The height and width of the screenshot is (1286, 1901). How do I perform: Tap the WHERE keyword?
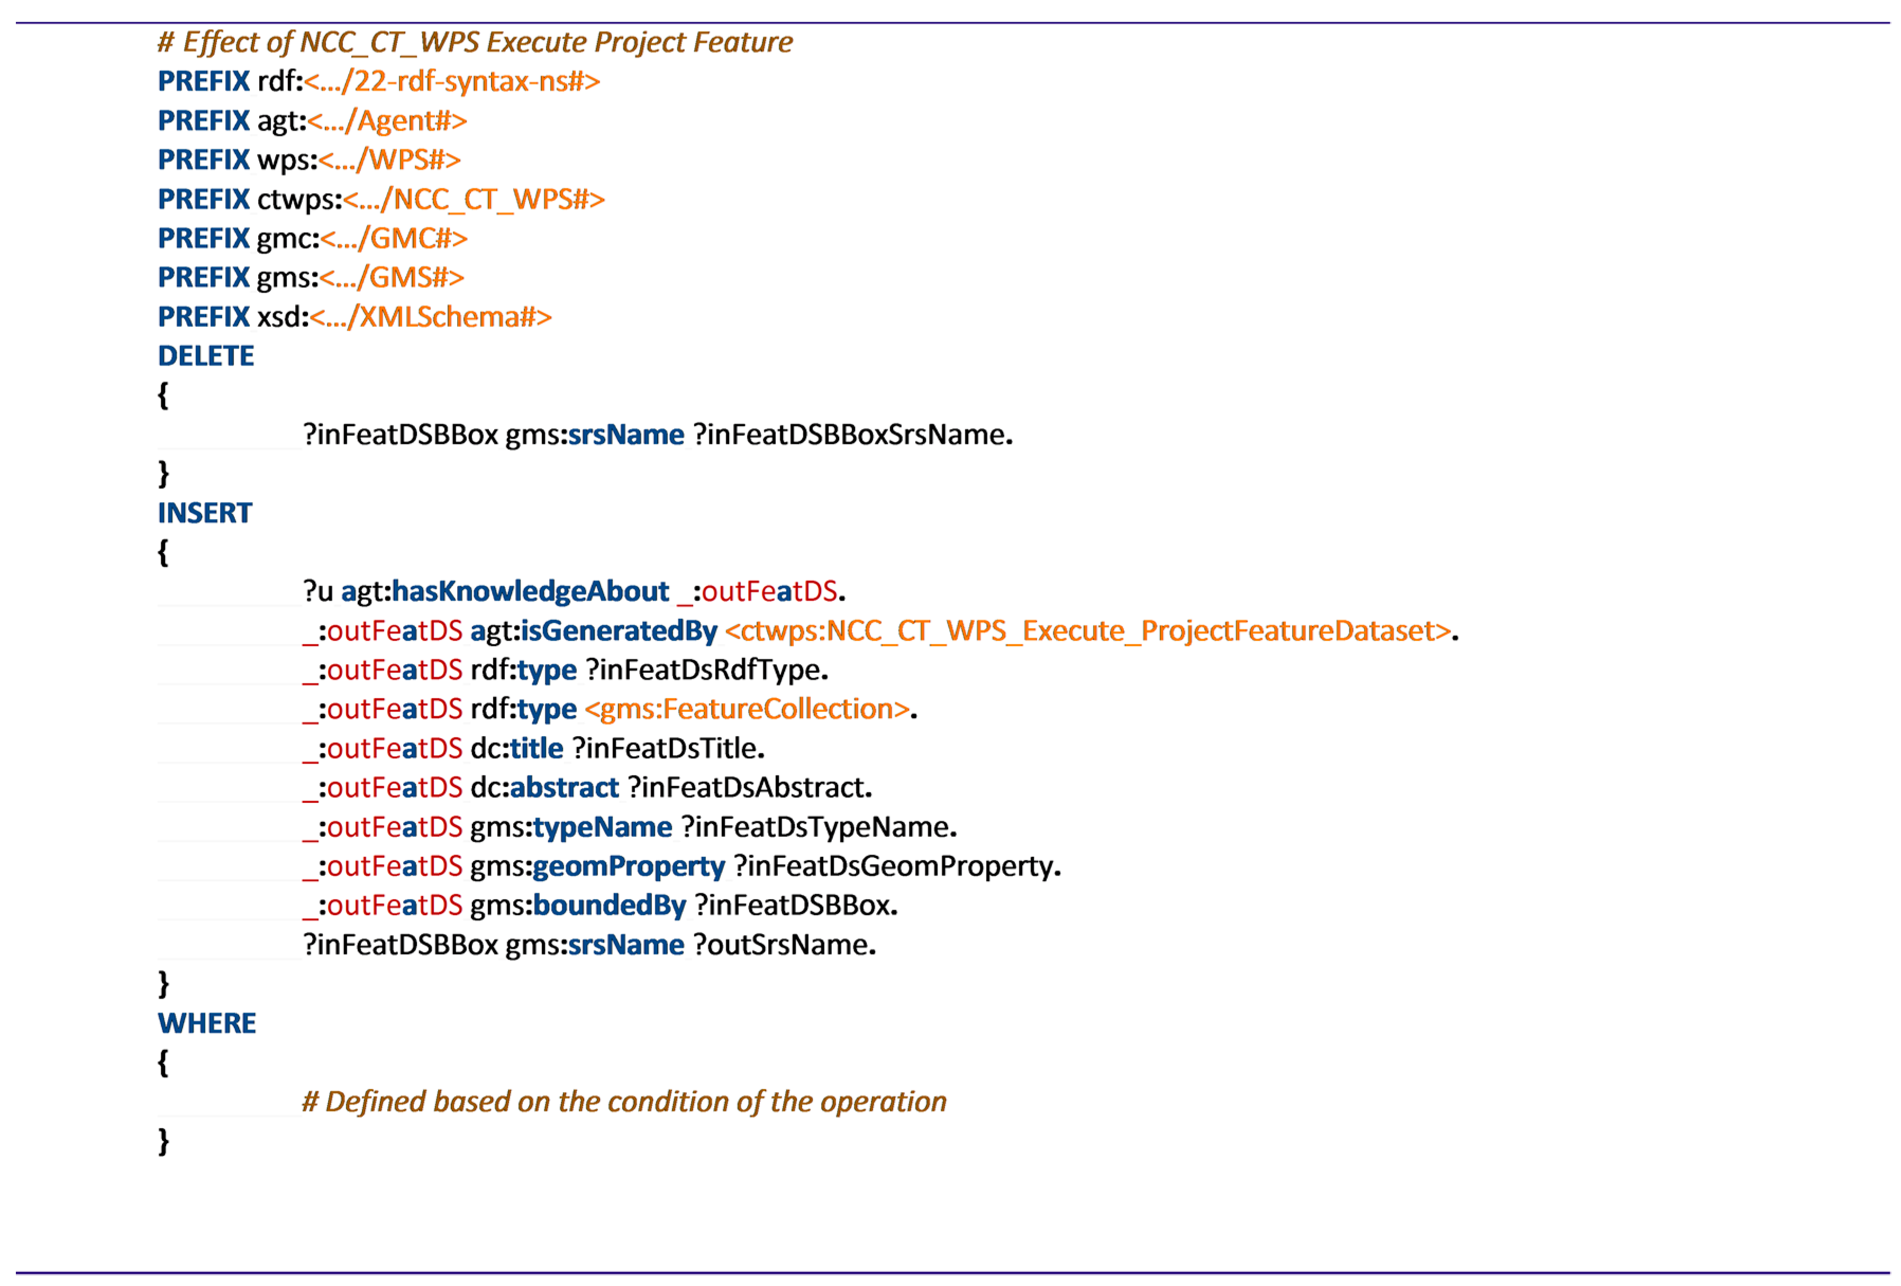(x=206, y=1024)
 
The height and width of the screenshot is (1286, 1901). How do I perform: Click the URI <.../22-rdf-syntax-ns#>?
(x=451, y=82)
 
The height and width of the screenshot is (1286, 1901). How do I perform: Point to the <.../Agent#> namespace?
(x=387, y=121)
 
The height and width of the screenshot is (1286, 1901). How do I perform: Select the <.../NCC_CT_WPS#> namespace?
(x=474, y=200)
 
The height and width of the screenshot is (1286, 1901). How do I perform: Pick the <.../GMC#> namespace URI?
(x=394, y=239)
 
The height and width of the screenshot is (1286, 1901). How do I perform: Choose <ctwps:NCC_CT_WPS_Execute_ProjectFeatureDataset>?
(x=1088, y=631)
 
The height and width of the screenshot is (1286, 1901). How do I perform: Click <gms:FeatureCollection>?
(x=747, y=709)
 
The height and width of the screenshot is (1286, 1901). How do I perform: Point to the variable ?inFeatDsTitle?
(x=668, y=748)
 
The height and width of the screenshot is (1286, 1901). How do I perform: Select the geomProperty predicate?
(x=628, y=866)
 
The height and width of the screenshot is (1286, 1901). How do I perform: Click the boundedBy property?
(x=610, y=905)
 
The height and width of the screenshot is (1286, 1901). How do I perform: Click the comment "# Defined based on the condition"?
(x=623, y=1102)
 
